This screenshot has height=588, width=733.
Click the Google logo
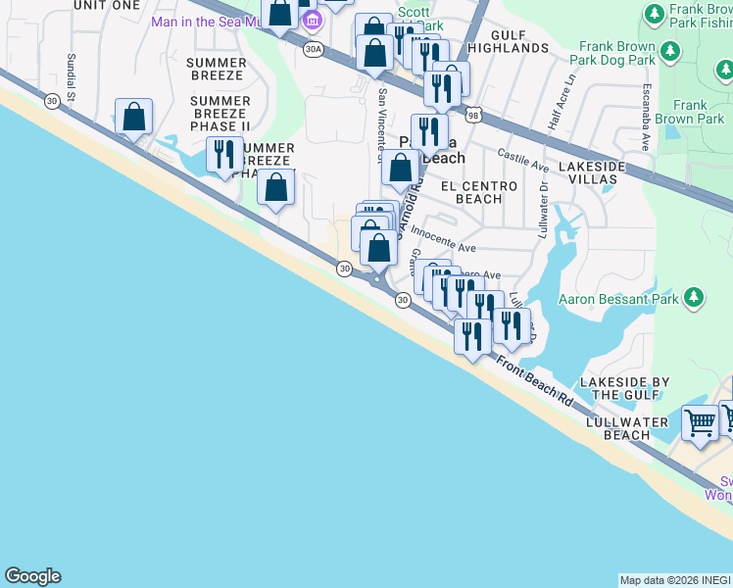(x=32, y=576)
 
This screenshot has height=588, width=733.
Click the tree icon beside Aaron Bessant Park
(x=694, y=296)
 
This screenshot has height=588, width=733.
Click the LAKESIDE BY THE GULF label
(x=624, y=388)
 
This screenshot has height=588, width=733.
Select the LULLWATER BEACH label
(x=617, y=428)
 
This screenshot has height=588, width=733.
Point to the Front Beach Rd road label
(x=534, y=381)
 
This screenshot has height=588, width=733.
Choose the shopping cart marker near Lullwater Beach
(x=700, y=423)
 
